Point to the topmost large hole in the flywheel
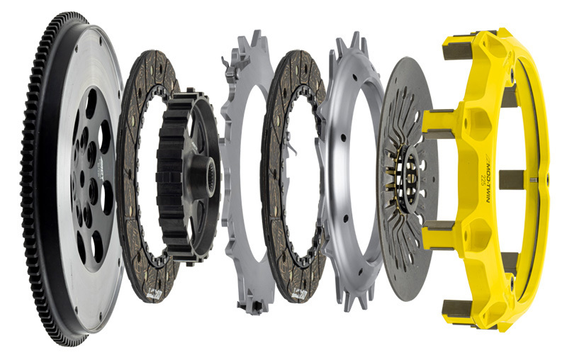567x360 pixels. (x=91, y=103)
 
